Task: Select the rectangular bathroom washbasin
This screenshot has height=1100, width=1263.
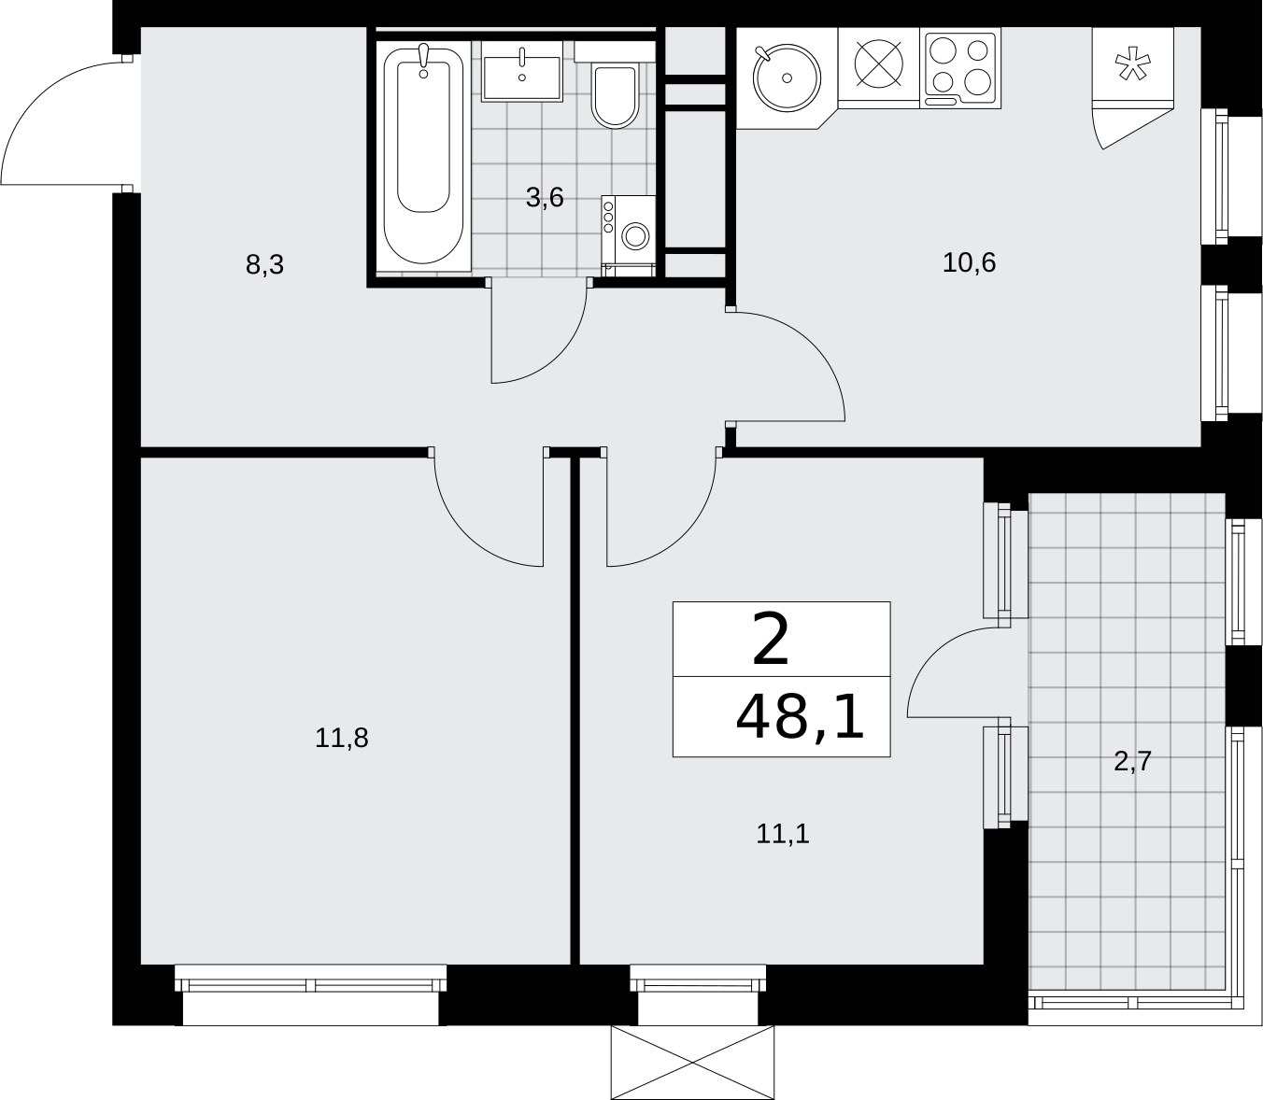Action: coord(522,72)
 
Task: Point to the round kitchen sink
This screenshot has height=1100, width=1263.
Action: coord(787,78)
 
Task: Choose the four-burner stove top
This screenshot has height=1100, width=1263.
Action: coord(960,70)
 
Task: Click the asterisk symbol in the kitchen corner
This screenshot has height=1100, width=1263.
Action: coord(1133,66)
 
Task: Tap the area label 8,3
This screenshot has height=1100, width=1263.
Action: coord(264,265)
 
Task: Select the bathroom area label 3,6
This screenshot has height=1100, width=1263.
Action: coord(545,197)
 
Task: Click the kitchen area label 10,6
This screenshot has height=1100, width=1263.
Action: coord(969,262)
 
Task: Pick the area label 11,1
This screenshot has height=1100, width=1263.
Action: coord(783,834)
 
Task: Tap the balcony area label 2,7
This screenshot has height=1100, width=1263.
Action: coord(1133,762)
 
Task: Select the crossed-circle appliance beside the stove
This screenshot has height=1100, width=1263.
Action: coord(878,63)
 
